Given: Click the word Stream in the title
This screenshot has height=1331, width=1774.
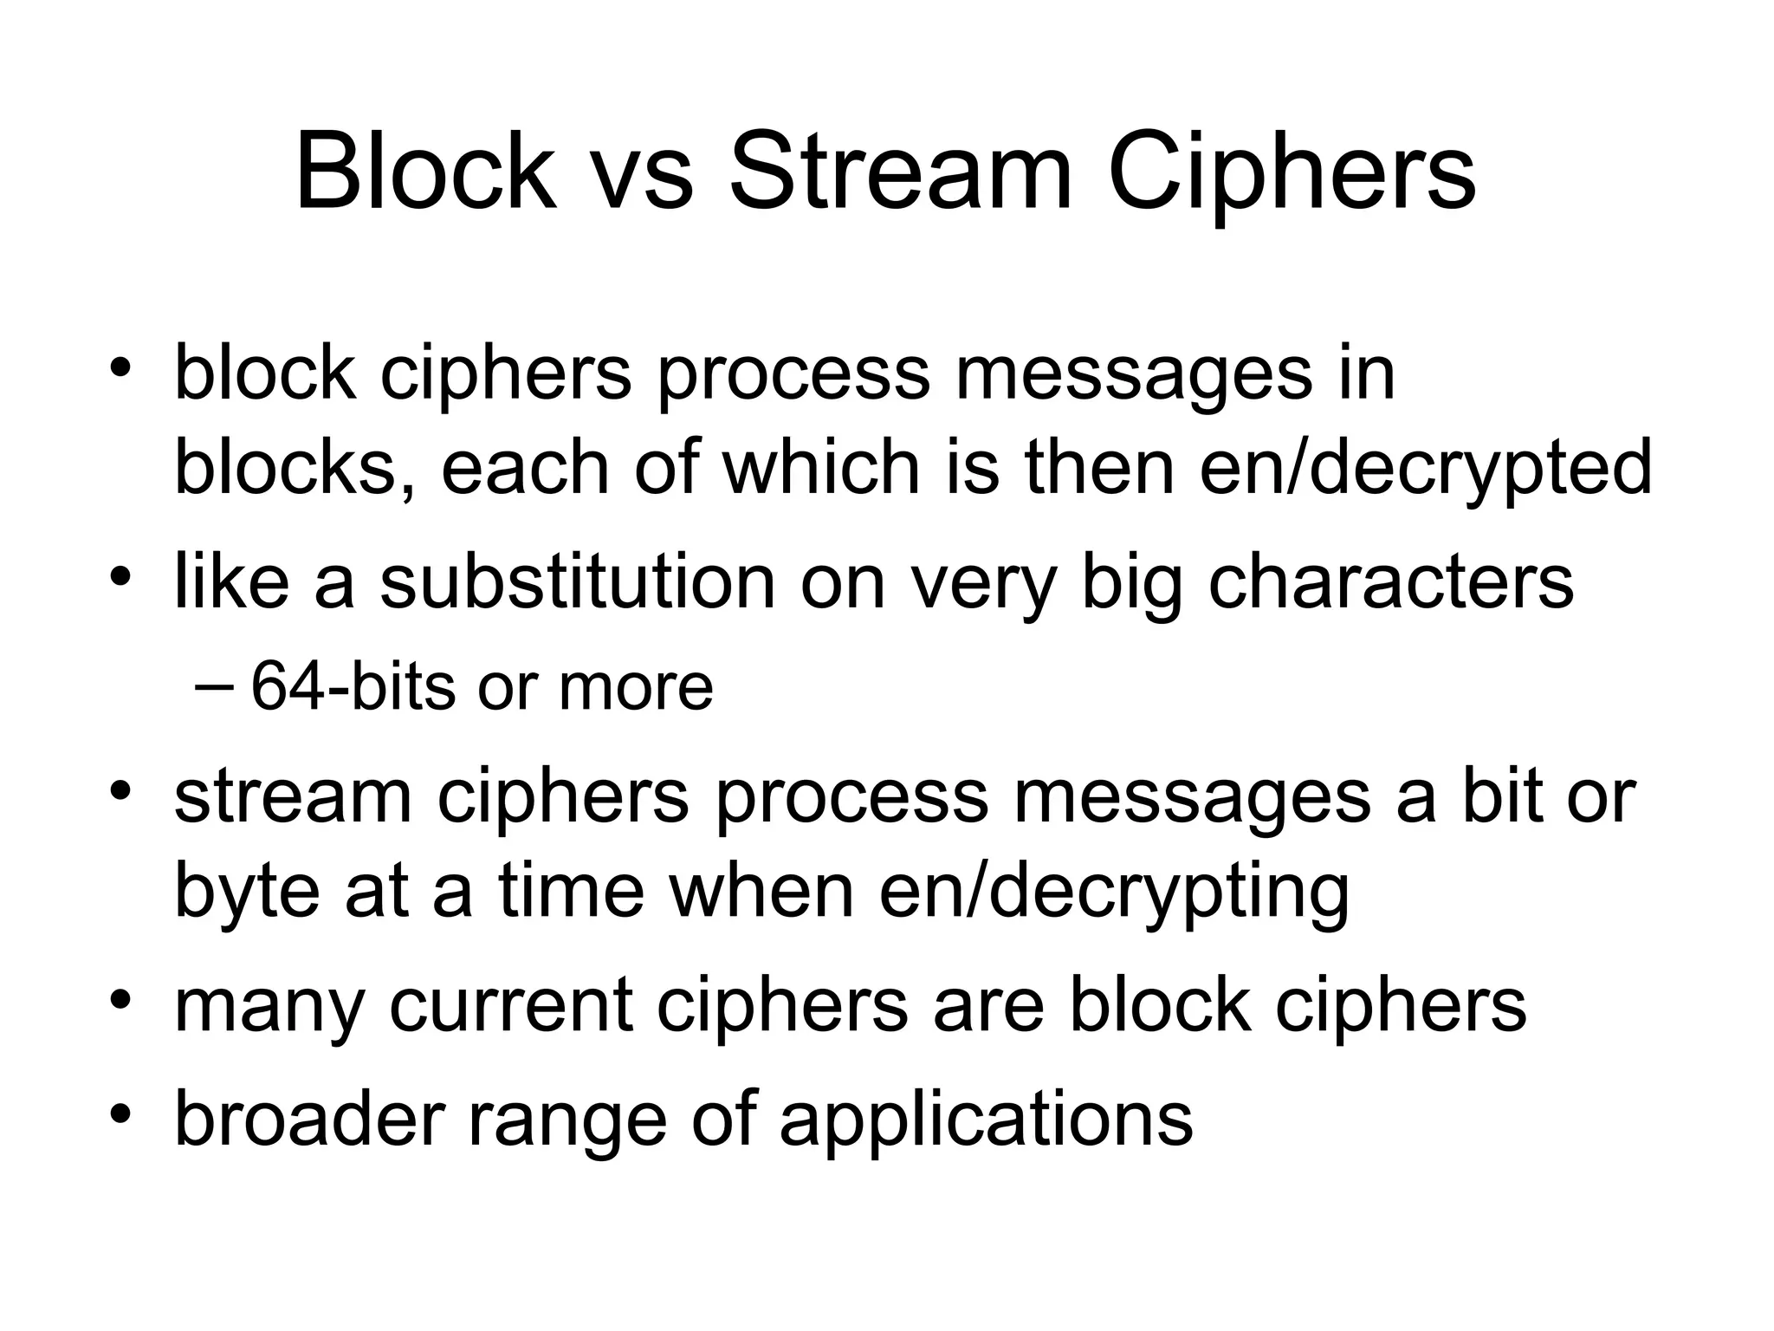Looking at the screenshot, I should [900, 173].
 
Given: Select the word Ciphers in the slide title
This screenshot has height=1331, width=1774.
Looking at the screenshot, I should [1292, 173].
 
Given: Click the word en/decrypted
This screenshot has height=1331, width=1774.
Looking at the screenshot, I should [1426, 469].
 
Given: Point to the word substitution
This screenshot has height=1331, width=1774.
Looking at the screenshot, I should [577, 582].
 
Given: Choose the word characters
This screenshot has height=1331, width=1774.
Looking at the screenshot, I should [1390, 582].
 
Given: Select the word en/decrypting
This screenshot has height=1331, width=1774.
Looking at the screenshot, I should [1114, 892].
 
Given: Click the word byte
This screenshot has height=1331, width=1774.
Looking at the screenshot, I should [248, 892].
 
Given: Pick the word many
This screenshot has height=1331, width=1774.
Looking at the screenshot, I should [269, 1007].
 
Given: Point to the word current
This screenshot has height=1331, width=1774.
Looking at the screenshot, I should [511, 1007].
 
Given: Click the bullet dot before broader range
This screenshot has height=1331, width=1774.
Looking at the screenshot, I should [120, 1113].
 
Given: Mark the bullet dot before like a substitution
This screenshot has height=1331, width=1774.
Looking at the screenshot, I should [120, 575].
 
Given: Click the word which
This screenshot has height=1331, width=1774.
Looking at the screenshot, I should [822, 469].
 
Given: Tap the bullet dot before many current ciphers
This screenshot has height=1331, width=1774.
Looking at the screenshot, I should [120, 1000].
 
